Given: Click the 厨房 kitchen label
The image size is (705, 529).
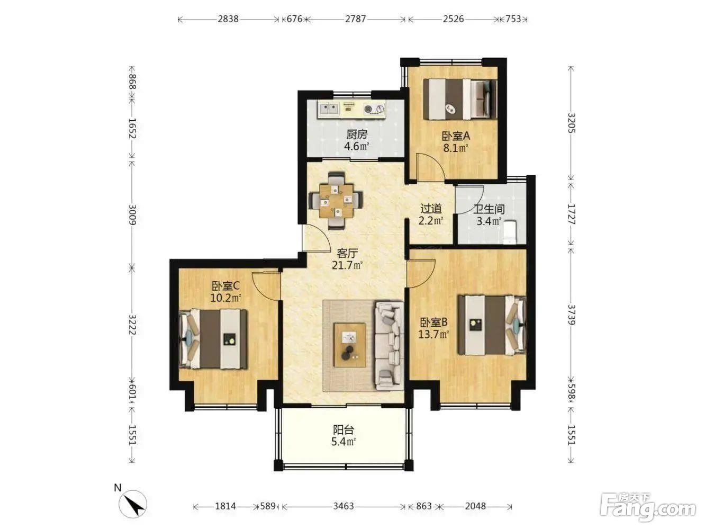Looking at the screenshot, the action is click(357, 135).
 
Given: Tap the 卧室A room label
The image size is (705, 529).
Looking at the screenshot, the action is click(456, 137).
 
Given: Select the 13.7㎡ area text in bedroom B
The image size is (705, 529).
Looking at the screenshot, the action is click(433, 334).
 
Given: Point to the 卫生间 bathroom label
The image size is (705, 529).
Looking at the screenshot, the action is click(489, 209).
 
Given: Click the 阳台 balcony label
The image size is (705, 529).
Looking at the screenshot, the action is click(344, 429).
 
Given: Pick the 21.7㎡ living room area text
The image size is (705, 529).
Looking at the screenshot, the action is click(347, 265).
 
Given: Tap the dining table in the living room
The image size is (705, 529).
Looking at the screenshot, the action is click(336, 201).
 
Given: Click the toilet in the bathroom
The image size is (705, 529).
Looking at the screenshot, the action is click(510, 231).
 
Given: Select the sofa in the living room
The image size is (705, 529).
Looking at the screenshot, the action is click(389, 346).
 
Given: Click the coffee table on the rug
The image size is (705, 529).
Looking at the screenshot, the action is click(349, 345).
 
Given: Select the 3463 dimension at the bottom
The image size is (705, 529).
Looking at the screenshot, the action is click(344, 507).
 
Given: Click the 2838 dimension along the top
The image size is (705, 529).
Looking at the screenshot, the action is click(228, 19).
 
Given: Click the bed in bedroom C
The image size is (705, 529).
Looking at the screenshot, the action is click(213, 338).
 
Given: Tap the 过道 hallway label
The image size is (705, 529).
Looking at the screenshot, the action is click(431, 209).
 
